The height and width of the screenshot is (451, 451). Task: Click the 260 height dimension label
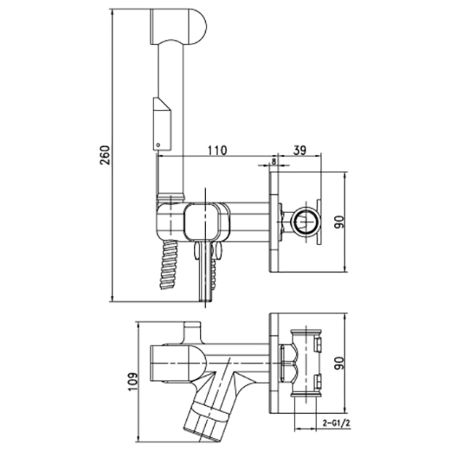pyautogui.click(x=105, y=155)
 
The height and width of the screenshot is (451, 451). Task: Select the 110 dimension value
pyautogui.click(x=217, y=150)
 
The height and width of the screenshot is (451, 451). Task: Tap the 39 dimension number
pyautogui.click(x=300, y=150)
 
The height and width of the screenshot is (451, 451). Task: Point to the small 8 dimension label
pyautogui.click(x=274, y=161)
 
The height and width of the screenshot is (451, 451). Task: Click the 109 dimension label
pyautogui.click(x=133, y=381)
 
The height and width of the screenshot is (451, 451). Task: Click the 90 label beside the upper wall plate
pyautogui.click(x=340, y=222)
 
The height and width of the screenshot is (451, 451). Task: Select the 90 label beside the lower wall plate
pyautogui.click(x=340, y=363)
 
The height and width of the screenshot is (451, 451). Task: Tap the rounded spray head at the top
pyautogui.click(x=178, y=27)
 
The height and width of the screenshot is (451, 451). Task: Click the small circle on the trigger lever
pyautogui.click(x=157, y=145)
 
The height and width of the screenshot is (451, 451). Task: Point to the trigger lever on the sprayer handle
pyautogui.click(x=162, y=124)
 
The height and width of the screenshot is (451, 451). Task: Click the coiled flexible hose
pyautogui.click(x=169, y=265)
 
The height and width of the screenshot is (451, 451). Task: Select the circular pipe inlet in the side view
pyautogui.click(x=306, y=221)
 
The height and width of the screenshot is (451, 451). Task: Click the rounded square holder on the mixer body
pyautogui.click(x=202, y=221)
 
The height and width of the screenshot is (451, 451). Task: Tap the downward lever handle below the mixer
pyautogui.click(x=205, y=272)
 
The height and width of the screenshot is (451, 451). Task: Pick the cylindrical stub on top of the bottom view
pyautogui.click(x=193, y=332)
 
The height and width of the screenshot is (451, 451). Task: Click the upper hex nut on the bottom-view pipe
pyautogui.click(x=318, y=345)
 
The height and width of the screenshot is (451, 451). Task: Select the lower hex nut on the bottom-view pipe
pyautogui.click(x=318, y=381)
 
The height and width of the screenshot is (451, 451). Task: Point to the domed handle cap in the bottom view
pyautogui.click(x=178, y=363)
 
